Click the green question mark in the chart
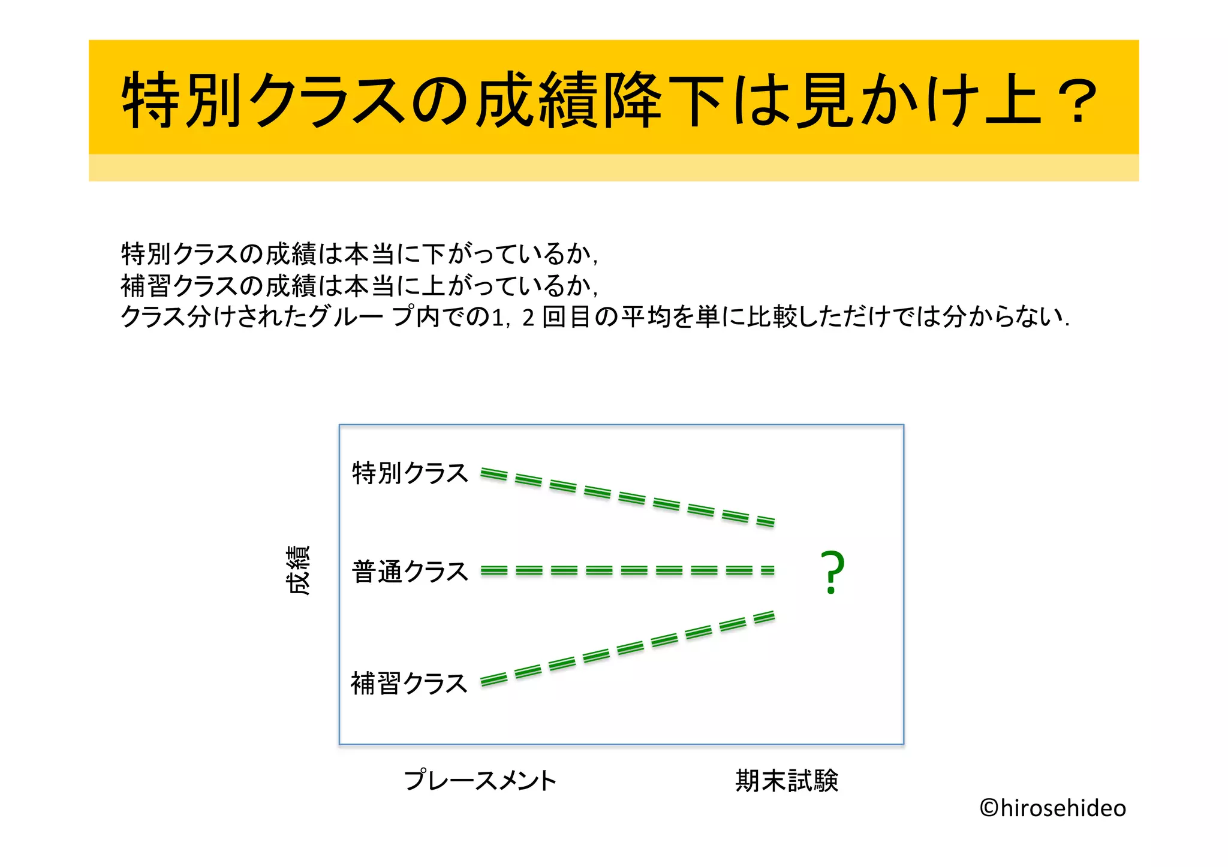click(x=832, y=573)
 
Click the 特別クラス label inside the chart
click(x=410, y=473)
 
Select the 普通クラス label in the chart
click(x=410, y=572)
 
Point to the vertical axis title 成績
click(x=298, y=570)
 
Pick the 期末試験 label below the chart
click(x=787, y=781)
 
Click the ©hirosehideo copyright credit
click(x=1053, y=808)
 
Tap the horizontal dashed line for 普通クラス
click(x=627, y=570)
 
